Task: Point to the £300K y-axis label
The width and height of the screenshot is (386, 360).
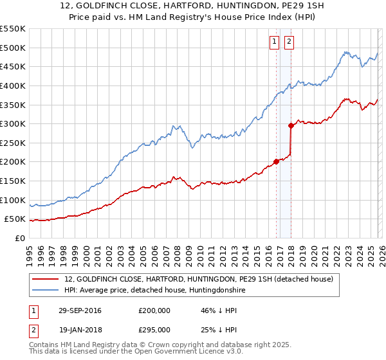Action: tap(13, 123)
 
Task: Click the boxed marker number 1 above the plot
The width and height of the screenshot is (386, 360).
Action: tap(274, 42)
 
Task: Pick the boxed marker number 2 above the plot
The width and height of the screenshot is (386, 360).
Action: tap(289, 42)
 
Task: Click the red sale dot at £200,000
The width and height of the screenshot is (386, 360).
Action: tap(277, 161)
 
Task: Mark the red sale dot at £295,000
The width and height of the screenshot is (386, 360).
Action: tap(291, 125)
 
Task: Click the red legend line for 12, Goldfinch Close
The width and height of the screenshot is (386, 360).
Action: tap(46, 279)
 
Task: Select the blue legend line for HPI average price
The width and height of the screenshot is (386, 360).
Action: tap(46, 290)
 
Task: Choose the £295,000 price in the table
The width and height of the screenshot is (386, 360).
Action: tap(154, 329)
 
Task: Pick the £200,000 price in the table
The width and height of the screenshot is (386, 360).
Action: tap(154, 310)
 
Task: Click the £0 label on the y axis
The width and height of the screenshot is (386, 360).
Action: tap(19, 239)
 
